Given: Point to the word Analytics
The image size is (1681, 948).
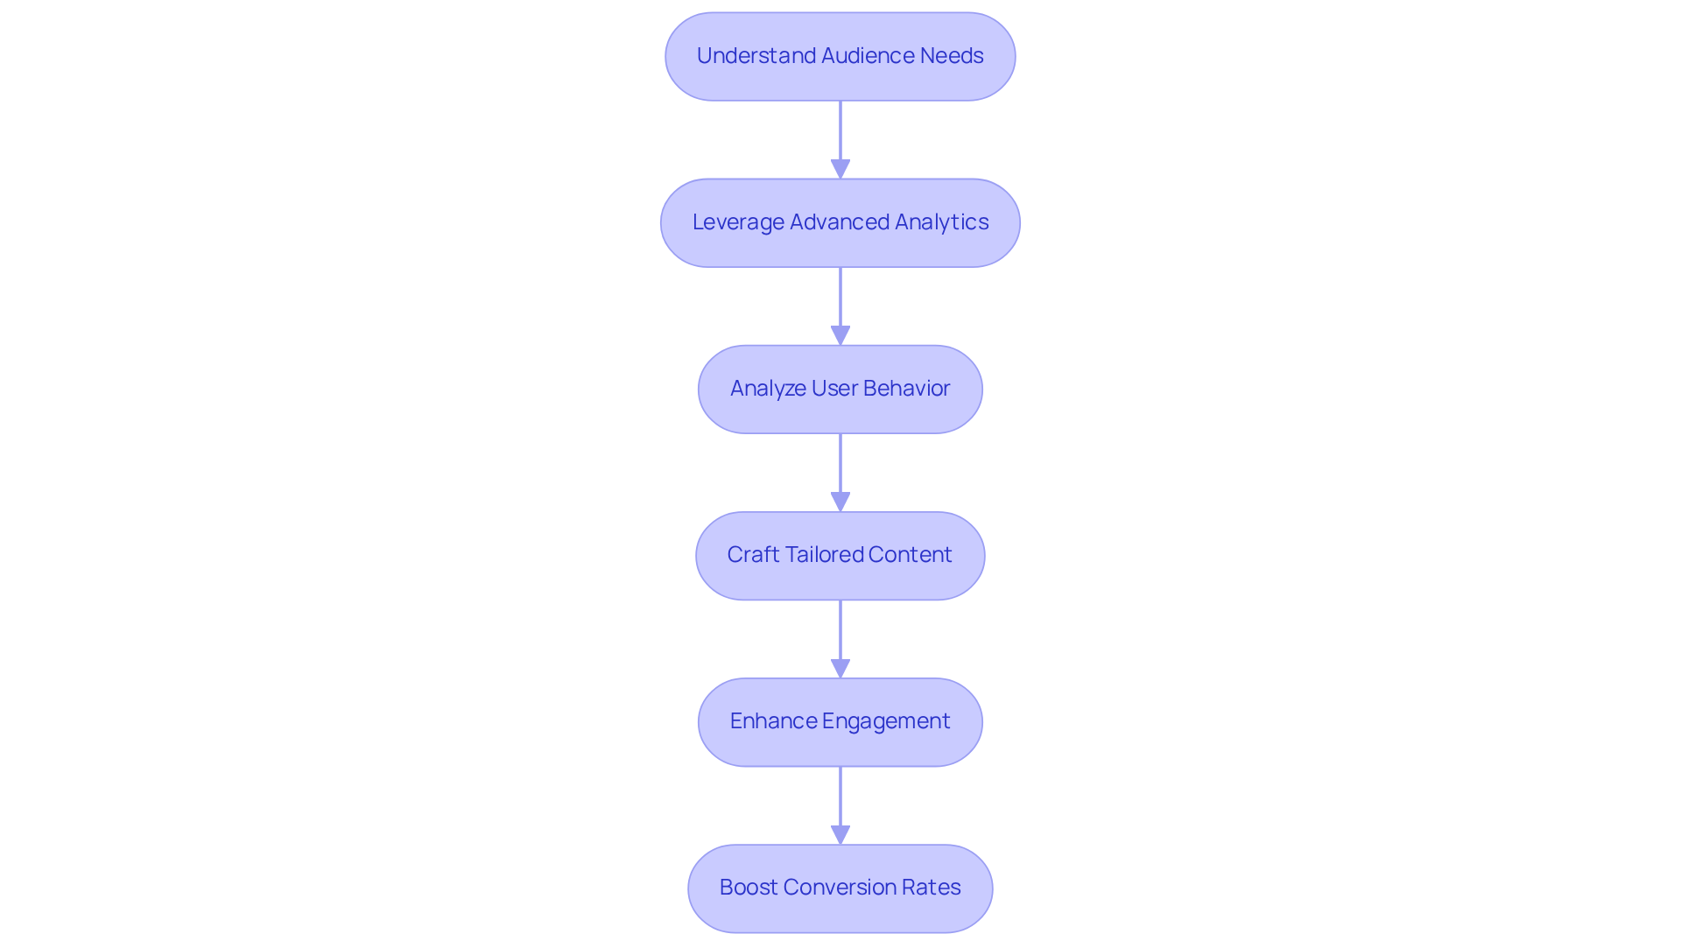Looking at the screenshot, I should click(941, 222).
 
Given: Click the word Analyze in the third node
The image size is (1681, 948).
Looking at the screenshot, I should click(768, 389).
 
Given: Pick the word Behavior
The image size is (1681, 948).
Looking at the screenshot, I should click(906, 389).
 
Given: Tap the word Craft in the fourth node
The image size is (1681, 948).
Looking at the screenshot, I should click(753, 555).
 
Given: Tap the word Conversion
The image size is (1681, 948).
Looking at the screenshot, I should click(840, 888).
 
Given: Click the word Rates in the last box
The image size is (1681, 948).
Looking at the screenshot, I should click(932, 888).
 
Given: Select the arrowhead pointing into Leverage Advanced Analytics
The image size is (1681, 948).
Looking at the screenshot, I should click(840, 169).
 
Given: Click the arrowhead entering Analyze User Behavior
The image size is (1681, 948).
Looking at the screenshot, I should click(840, 335).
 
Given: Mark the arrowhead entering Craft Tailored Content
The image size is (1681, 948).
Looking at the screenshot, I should click(840, 502).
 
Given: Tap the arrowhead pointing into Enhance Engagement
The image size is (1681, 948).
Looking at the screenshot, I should click(840, 668).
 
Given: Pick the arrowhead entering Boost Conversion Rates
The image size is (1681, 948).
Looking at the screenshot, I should click(840, 834).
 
